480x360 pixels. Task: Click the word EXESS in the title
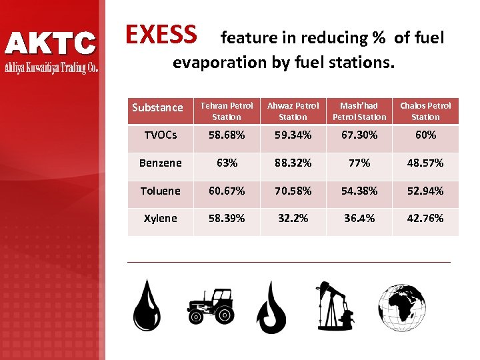coord(161,34)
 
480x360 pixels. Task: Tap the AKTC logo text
coord(51,44)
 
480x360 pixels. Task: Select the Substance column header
coord(157,107)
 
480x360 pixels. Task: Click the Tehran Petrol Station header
coord(227,111)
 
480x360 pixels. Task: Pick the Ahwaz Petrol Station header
coord(293,111)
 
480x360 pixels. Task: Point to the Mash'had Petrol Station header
coord(359,111)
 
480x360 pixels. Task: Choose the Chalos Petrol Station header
coord(425,111)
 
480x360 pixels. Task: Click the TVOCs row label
coord(160,135)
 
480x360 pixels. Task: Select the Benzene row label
coord(160,163)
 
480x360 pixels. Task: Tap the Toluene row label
coord(160,191)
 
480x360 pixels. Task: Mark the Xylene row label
coord(160,218)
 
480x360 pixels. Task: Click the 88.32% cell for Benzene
coord(293,163)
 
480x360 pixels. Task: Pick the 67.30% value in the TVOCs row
coord(359,135)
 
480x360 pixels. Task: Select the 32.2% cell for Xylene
coord(293,218)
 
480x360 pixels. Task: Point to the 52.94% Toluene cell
coord(425,191)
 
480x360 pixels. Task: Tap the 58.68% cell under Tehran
coord(227,135)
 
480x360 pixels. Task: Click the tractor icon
coord(211,306)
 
